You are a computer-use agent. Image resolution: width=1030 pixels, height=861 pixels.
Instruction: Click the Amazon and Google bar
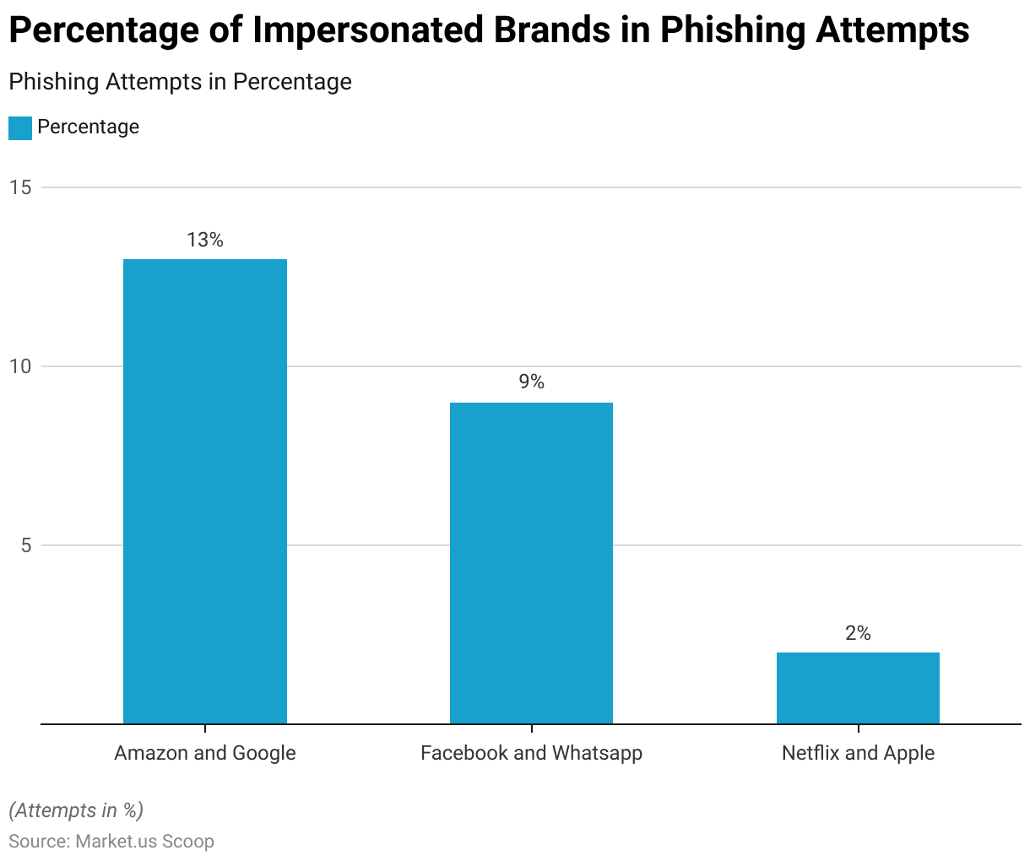pos(205,491)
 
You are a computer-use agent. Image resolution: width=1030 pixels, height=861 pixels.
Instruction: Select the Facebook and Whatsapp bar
pos(531,563)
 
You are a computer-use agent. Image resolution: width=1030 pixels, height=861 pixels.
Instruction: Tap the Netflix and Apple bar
pos(858,688)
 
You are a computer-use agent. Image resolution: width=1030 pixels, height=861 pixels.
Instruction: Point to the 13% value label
pos(205,241)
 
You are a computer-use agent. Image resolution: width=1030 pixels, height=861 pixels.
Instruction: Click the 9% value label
pos(531,382)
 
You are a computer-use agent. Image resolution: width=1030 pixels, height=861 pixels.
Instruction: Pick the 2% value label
pos(858,633)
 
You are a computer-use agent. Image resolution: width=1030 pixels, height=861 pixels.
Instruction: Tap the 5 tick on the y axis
pos(25,545)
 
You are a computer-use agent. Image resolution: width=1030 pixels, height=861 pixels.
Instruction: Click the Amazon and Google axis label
pos(205,753)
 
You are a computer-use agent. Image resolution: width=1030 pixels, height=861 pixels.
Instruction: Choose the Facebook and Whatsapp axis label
pos(531,753)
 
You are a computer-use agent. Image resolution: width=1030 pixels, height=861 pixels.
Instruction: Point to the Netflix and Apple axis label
pos(858,753)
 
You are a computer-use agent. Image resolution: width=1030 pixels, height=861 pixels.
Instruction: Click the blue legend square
pos(20,127)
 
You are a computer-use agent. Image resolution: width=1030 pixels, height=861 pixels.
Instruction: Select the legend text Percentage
pos(88,127)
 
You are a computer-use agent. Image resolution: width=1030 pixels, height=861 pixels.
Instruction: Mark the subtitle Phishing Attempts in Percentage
pos(180,82)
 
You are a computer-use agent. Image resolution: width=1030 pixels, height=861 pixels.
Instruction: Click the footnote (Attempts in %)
pos(76,810)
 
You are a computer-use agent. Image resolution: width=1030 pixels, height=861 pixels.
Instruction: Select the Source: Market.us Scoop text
pos(111,842)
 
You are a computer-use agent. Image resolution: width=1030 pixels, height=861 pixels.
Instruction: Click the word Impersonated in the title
pos(364,31)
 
